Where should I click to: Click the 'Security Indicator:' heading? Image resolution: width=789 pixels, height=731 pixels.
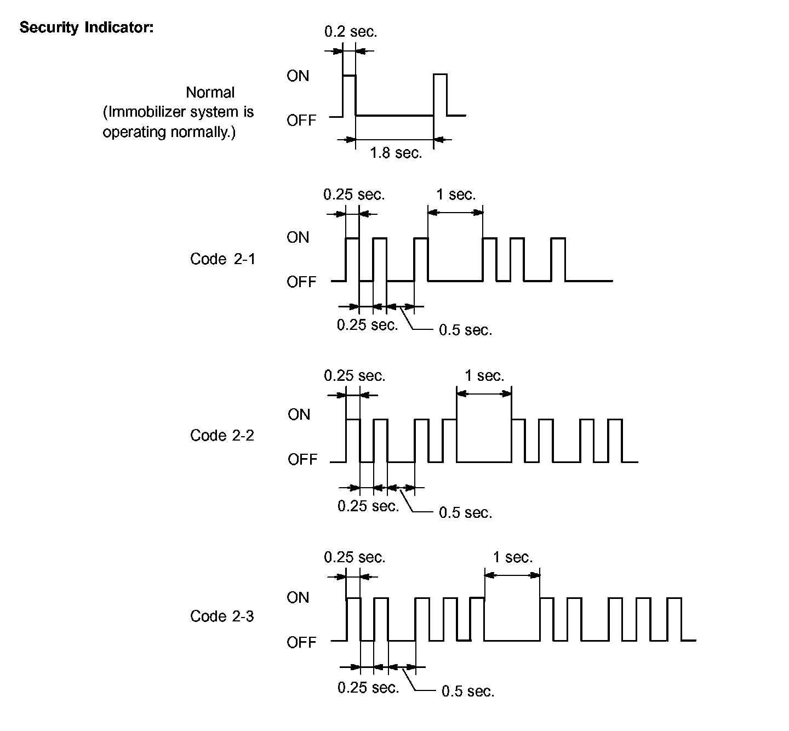pos(87,27)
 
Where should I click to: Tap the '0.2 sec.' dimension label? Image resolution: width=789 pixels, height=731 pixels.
pos(351,32)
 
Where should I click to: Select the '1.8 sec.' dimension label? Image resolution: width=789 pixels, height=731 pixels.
pos(396,153)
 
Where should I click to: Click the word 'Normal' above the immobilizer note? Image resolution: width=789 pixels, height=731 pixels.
pos(210,93)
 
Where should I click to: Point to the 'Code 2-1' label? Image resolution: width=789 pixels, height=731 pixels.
pos(222,259)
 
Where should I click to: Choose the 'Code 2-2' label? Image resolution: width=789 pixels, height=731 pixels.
pos(222,436)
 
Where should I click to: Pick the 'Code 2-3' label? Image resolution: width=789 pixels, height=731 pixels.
pos(222,616)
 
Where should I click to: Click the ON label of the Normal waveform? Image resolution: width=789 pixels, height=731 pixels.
pos(298,76)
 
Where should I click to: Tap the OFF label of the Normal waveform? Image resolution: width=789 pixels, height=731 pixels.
pos(301,120)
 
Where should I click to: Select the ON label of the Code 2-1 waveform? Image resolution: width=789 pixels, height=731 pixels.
pos(298,238)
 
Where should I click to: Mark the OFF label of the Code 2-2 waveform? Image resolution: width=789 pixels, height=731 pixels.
pos(302,459)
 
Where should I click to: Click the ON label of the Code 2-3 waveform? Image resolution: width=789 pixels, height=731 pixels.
pos(298,598)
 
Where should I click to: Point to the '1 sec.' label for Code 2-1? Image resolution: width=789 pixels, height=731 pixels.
pos(456,195)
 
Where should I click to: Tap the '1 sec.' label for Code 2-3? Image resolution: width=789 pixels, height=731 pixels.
pos(512,558)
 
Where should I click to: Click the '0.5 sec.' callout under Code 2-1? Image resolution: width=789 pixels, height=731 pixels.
pos(465,330)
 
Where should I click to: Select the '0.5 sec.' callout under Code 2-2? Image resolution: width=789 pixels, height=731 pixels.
pos(465,513)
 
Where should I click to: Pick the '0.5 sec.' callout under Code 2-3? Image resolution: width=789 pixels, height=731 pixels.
pos(467,692)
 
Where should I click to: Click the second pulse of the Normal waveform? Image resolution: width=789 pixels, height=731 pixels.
pos(441,94)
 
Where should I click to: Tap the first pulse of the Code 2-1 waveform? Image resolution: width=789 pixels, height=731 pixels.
pos(352,259)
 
